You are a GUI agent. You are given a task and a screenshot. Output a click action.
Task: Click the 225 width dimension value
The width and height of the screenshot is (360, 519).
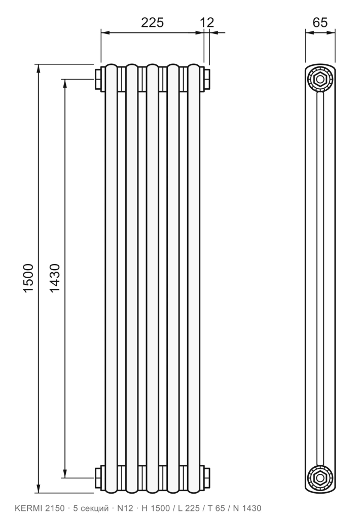[x=152, y=22]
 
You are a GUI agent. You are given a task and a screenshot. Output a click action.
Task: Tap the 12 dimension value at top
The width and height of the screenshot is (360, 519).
[x=207, y=22]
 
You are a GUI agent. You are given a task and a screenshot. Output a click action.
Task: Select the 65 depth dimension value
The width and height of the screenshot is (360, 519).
[x=320, y=22]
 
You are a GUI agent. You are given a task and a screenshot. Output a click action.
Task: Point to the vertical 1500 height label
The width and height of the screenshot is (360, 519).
[x=28, y=277]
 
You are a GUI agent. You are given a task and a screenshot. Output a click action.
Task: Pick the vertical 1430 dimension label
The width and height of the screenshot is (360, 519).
[x=55, y=277]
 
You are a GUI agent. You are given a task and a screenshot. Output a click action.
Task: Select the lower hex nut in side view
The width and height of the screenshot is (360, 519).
[x=320, y=477]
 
